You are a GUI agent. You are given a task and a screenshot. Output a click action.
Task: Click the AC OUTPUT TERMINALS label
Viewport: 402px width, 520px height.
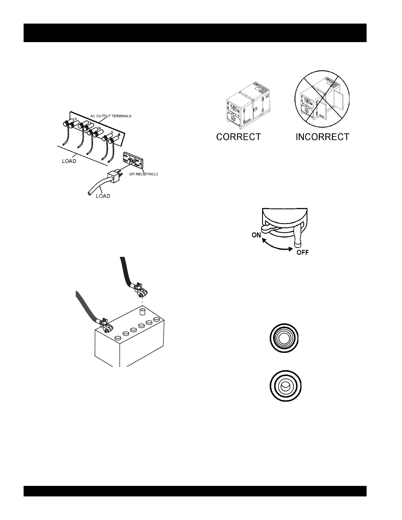(111, 116)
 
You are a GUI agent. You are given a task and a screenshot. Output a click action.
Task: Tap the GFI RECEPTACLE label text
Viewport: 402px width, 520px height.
(143, 174)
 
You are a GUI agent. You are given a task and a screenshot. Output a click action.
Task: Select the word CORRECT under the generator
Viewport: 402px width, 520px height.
(239, 137)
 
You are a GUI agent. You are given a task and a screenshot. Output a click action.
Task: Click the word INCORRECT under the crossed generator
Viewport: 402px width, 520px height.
(322, 137)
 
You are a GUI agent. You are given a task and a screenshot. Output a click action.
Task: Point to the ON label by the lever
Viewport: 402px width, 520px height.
(256, 235)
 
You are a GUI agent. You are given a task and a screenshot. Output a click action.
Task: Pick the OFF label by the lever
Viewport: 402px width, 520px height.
(303, 253)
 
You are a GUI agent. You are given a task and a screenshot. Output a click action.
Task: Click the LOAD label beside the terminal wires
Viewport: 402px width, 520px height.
(69, 161)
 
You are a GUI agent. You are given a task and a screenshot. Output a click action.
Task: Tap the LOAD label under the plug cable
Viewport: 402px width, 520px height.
(103, 196)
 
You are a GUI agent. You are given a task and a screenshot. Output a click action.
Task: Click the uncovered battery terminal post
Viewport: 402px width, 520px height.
(142, 312)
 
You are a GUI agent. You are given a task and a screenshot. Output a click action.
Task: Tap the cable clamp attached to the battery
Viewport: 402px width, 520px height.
(105, 325)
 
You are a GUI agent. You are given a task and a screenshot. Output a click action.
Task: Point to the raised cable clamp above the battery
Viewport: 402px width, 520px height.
(141, 290)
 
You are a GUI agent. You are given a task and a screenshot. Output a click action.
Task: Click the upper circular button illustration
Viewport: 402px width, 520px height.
(284, 338)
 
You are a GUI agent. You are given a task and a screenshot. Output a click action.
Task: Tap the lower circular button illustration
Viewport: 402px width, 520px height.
(285, 386)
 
